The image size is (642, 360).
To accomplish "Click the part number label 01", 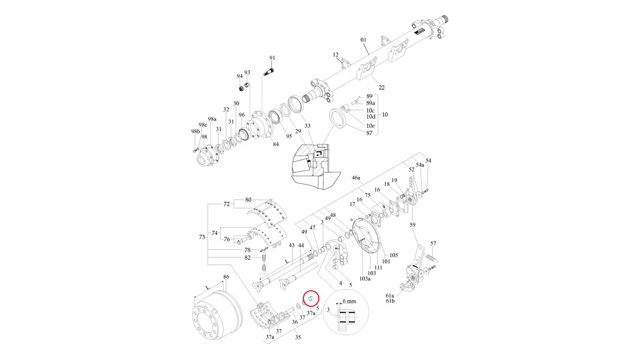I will [x=364, y=40].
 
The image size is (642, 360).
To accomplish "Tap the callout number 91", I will [x=272, y=58].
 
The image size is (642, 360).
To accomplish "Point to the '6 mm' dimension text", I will [x=350, y=301].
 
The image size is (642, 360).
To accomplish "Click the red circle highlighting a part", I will [x=312, y=300].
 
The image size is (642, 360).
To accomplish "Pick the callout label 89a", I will [x=371, y=103].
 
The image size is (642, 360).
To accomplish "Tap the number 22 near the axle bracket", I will [x=381, y=88].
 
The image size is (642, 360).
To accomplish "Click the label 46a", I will [x=356, y=178].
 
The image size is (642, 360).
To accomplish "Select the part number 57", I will [x=433, y=244].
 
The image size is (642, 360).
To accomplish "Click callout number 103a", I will [x=365, y=279].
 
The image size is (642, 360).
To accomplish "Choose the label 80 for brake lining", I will [x=248, y=199].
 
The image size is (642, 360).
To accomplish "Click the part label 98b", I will [x=195, y=131].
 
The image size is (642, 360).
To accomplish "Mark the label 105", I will [x=394, y=255].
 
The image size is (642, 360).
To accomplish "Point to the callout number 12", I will [x=335, y=55].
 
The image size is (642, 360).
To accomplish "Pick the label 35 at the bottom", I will [x=297, y=337].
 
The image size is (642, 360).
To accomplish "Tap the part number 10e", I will [x=370, y=126].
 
